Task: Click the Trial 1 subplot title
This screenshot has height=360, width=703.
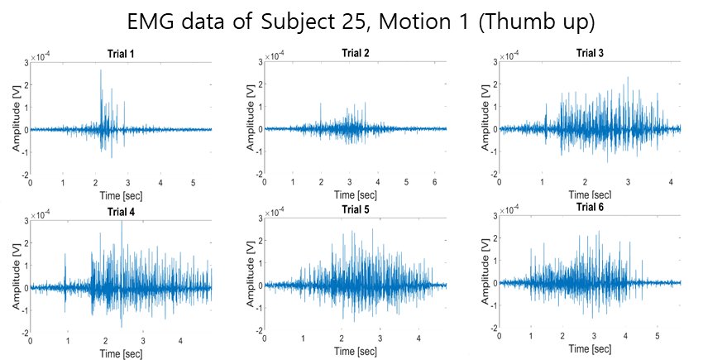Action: (x=121, y=55)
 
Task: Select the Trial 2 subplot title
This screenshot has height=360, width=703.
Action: (x=356, y=54)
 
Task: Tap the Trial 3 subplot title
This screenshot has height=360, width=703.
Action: (x=590, y=54)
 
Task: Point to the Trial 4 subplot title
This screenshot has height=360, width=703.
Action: (x=121, y=211)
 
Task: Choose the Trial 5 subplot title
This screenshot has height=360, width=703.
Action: (x=356, y=209)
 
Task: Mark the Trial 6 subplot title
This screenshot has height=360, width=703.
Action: (x=590, y=207)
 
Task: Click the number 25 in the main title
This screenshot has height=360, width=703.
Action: (x=355, y=22)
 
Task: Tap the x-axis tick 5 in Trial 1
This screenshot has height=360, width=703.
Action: (x=194, y=183)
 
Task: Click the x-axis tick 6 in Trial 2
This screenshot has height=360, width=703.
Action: (x=435, y=182)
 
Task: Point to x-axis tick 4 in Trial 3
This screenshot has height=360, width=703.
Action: (x=671, y=182)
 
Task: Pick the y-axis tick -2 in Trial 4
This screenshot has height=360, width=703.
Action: (x=26, y=333)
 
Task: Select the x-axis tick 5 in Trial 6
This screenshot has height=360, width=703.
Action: (x=658, y=336)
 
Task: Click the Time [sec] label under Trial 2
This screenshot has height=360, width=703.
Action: (x=356, y=195)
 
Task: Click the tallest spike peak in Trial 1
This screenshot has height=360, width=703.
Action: (x=101, y=70)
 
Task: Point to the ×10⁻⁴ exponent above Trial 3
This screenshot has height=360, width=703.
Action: (x=509, y=55)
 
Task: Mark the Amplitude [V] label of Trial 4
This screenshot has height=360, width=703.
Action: (x=17, y=277)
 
